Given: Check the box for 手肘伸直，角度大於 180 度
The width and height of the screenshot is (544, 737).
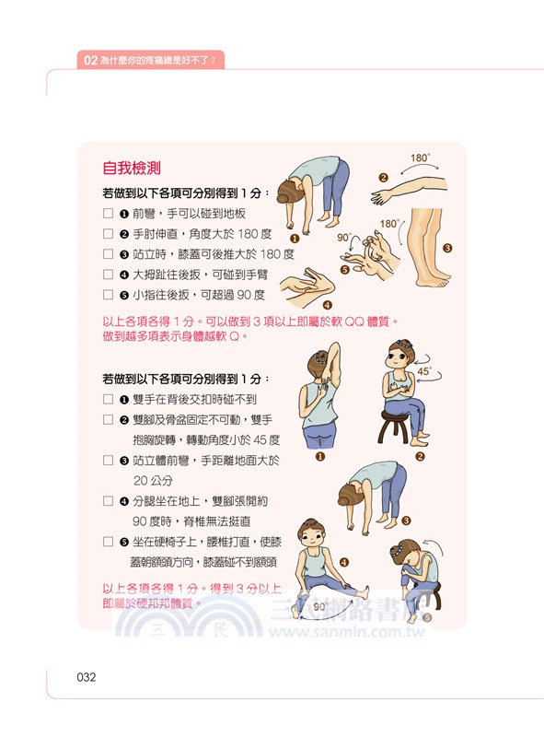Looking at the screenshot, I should tap(109, 234).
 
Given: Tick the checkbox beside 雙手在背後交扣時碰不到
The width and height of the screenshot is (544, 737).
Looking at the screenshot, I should tap(109, 400).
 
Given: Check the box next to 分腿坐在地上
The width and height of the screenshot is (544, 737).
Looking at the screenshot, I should tap(109, 501).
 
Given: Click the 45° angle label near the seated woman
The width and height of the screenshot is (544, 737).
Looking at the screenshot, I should tap(424, 372).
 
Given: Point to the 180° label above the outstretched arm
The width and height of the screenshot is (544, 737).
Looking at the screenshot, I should tap(420, 158).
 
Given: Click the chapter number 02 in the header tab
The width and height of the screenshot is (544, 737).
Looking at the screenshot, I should tap(89, 60).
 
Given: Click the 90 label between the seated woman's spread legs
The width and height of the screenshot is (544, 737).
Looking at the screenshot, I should tap(319, 608).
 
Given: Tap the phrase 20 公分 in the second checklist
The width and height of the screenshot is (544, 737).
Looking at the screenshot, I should tap(153, 480).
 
